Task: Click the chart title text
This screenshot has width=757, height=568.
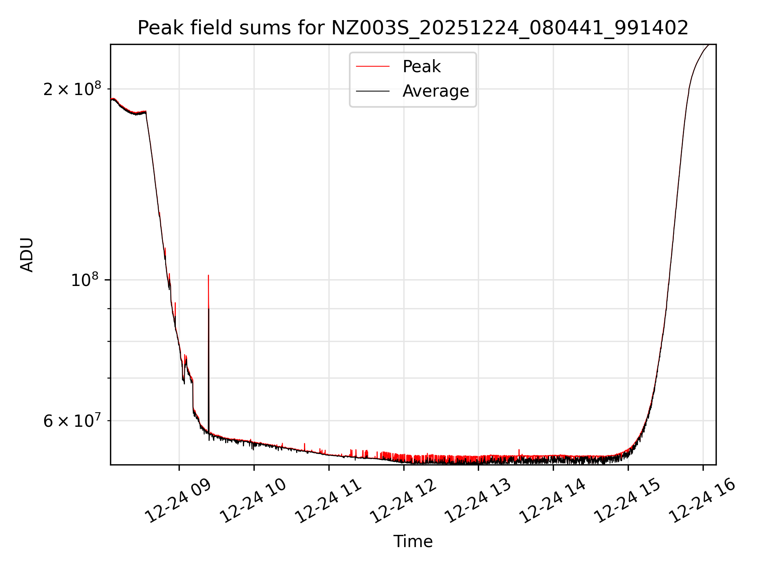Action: pos(413,28)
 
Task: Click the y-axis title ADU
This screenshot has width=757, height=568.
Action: pos(27,255)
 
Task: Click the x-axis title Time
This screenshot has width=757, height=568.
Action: pos(413,542)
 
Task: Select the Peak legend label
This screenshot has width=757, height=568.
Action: pos(421,67)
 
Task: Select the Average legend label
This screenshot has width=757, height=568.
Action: pos(435,91)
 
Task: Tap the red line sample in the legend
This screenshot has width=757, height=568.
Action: pos(373,67)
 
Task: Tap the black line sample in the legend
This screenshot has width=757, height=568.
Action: pos(373,91)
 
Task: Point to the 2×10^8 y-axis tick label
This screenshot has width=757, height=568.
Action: pos(72,89)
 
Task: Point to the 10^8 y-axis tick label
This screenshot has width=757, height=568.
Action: pos(84,280)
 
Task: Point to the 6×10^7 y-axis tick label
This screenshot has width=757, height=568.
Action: pos(72,421)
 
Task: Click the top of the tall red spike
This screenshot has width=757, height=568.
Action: pos(208,275)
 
